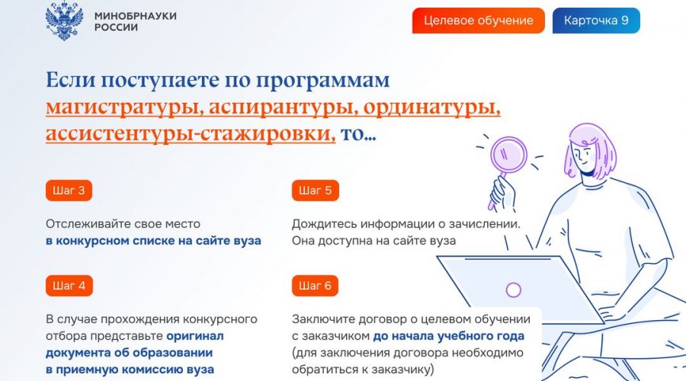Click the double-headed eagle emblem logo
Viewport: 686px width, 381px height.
(64, 21)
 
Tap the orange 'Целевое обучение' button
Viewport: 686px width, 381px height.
(478, 21)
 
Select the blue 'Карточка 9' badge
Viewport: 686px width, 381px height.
(596, 21)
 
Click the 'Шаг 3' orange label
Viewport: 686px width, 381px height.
(69, 190)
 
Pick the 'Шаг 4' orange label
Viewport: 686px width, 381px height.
(69, 286)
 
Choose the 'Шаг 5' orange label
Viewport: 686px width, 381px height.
(315, 190)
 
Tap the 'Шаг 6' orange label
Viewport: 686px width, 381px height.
(315, 286)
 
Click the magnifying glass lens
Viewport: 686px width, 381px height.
(509, 155)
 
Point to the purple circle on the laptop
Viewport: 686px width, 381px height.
(513, 290)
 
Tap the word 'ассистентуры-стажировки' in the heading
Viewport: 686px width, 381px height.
(191, 133)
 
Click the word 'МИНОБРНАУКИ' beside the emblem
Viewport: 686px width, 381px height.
(136, 16)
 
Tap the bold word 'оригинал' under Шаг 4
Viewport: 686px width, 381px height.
(195, 336)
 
